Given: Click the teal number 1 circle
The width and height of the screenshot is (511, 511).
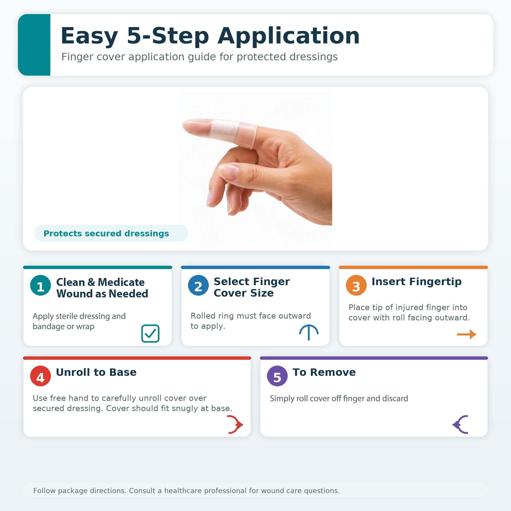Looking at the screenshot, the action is (40, 285).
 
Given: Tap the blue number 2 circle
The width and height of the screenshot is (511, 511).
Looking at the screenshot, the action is (198, 285).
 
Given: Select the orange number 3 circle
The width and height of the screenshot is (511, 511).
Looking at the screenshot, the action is (356, 285).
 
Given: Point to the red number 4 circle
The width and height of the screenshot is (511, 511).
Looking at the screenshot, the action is (40, 376).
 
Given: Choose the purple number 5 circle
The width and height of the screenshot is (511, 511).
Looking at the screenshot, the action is (277, 376).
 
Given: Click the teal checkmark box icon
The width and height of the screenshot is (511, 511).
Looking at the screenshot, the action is (150, 333).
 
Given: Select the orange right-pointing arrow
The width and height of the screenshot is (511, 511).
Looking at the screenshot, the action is (466, 334).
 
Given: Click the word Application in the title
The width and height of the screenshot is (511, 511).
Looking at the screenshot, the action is (288, 36).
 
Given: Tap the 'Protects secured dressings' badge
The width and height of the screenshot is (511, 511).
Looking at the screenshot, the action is (111, 233).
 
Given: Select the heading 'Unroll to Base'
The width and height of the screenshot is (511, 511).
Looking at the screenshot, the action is (96, 372).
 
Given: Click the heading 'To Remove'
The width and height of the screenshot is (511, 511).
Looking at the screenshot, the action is (324, 372).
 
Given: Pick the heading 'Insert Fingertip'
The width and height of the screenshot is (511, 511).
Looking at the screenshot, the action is (416, 282).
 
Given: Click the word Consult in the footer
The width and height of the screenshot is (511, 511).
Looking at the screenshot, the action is (143, 491).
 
